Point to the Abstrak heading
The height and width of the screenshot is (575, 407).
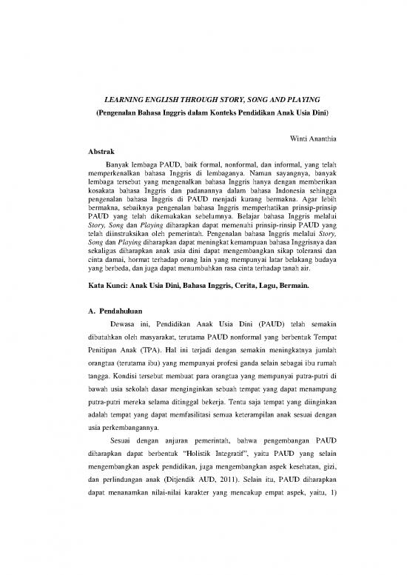[101, 152]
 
